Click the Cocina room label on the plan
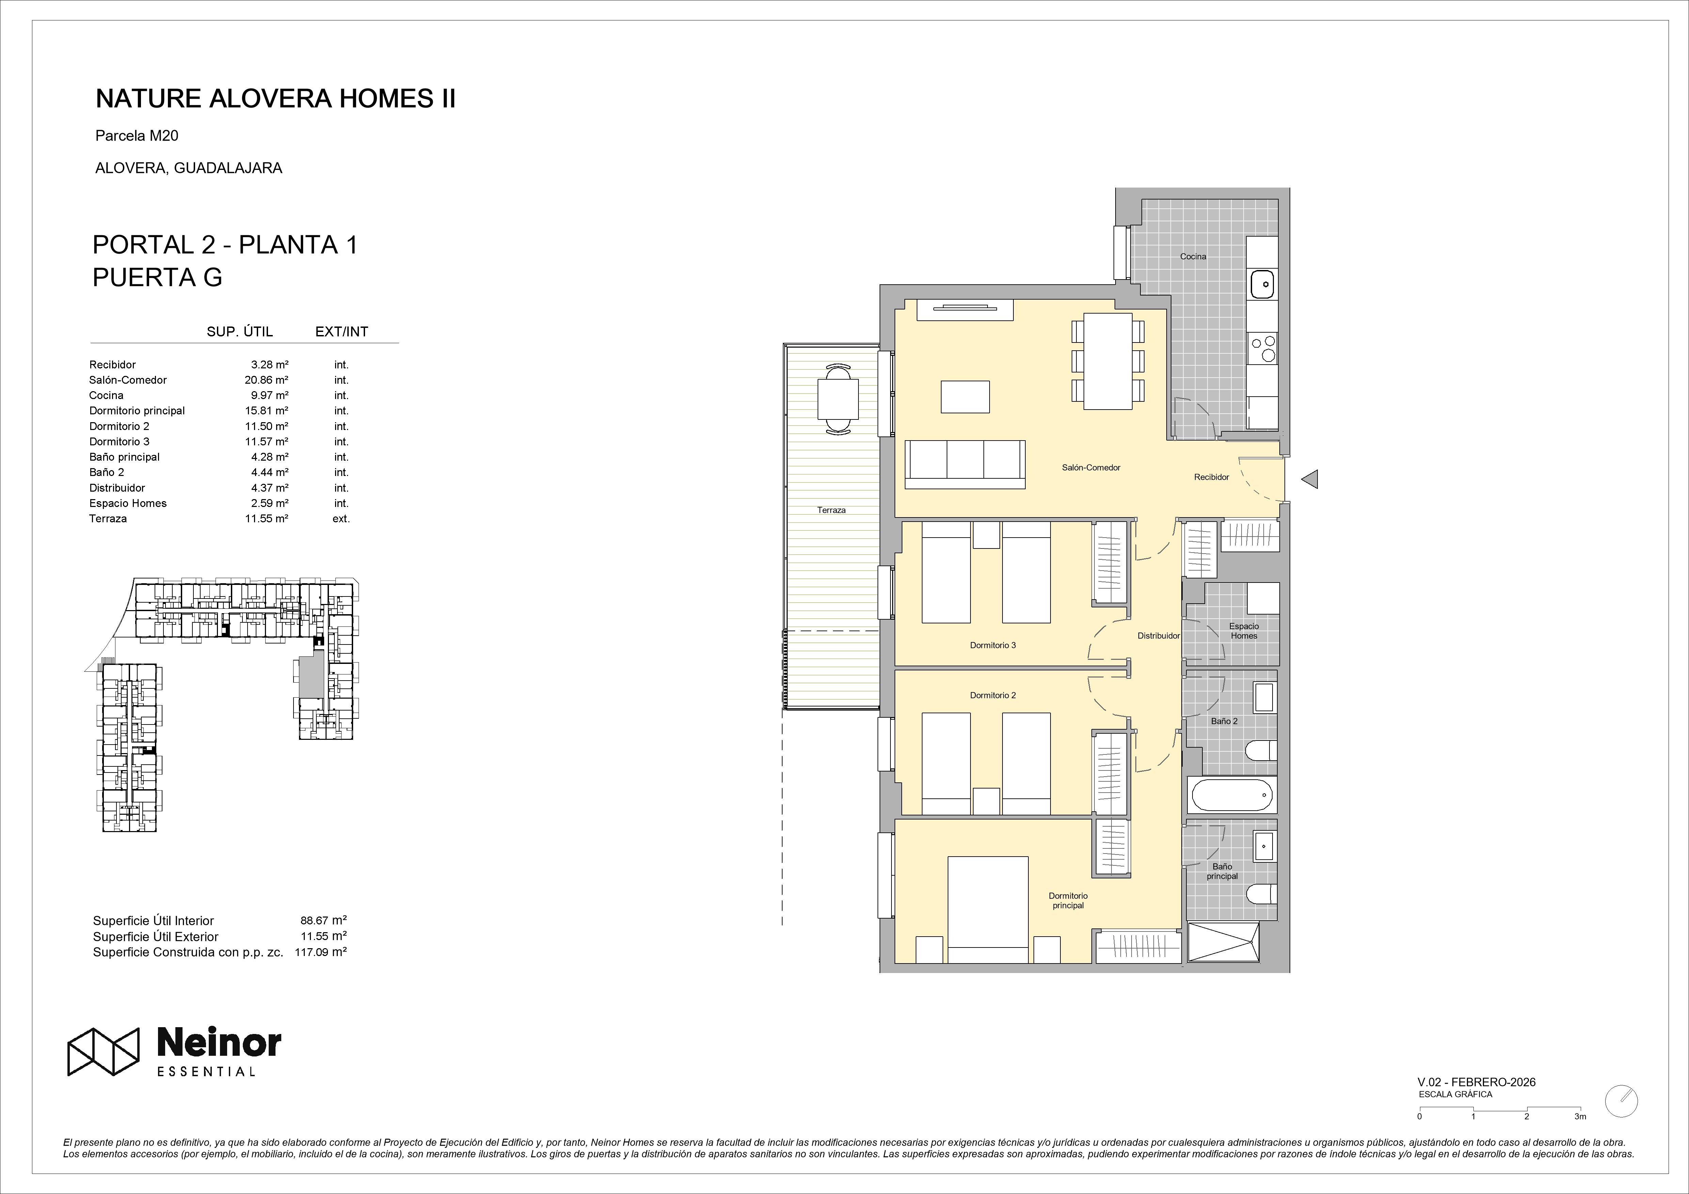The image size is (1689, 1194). pyautogui.click(x=1193, y=257)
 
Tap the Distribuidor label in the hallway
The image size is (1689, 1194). pyautogui.click(x=1158, y=636)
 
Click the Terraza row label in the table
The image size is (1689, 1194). pyautogui.click(x=108, y=519)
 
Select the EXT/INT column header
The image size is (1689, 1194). pyautogui.click(x=341, y=332)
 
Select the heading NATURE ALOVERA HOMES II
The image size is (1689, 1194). pyautogui.click(x=276, y=99)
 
